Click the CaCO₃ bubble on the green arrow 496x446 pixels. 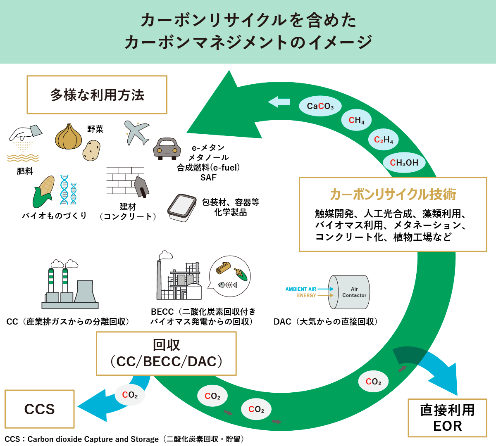tap(320, 106)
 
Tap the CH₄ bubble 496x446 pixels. tap(356, 120)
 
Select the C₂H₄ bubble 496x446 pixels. tap(383, 140)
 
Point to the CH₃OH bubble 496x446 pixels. tap(404, 163)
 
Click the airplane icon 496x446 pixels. tap(136, 132)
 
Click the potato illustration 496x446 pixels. tap(91, 150)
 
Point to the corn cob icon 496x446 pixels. tap(44, 192)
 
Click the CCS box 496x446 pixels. tap(40, 409)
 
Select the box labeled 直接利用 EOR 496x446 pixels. tap(447, 418)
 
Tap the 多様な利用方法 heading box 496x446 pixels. tap(97, 95)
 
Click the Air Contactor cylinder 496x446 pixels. tap(350, 292)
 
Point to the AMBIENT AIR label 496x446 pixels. tap(300, 289)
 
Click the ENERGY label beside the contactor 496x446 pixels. tap(306, 296)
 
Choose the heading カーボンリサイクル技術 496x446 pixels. tap(393, 194)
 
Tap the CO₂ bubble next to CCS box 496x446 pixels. tap(130, 395)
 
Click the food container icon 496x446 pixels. tap(182, 207)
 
